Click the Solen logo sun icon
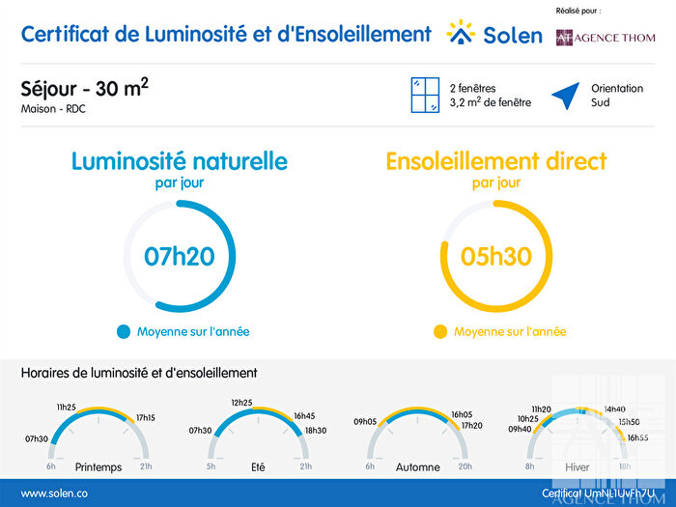pos(462,33)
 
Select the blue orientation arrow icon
pos(566,95)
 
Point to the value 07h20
pos(179,256)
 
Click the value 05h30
pos(496,256)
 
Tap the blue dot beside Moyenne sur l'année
pos(123,331)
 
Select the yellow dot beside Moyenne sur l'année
pos(440,331)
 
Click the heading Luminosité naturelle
pos(179,160)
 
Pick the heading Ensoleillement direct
pos(496,160)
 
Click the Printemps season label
pos(99,467)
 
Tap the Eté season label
pos(258,467)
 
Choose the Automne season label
pos(418,467)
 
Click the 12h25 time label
pos(241,402)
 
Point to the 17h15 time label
pos(146,418)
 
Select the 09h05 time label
pos(365,421)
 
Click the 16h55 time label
pos(637,437)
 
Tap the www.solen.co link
pos(49,493)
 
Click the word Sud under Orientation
pos(600,101)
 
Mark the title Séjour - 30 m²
pos(84,89)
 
